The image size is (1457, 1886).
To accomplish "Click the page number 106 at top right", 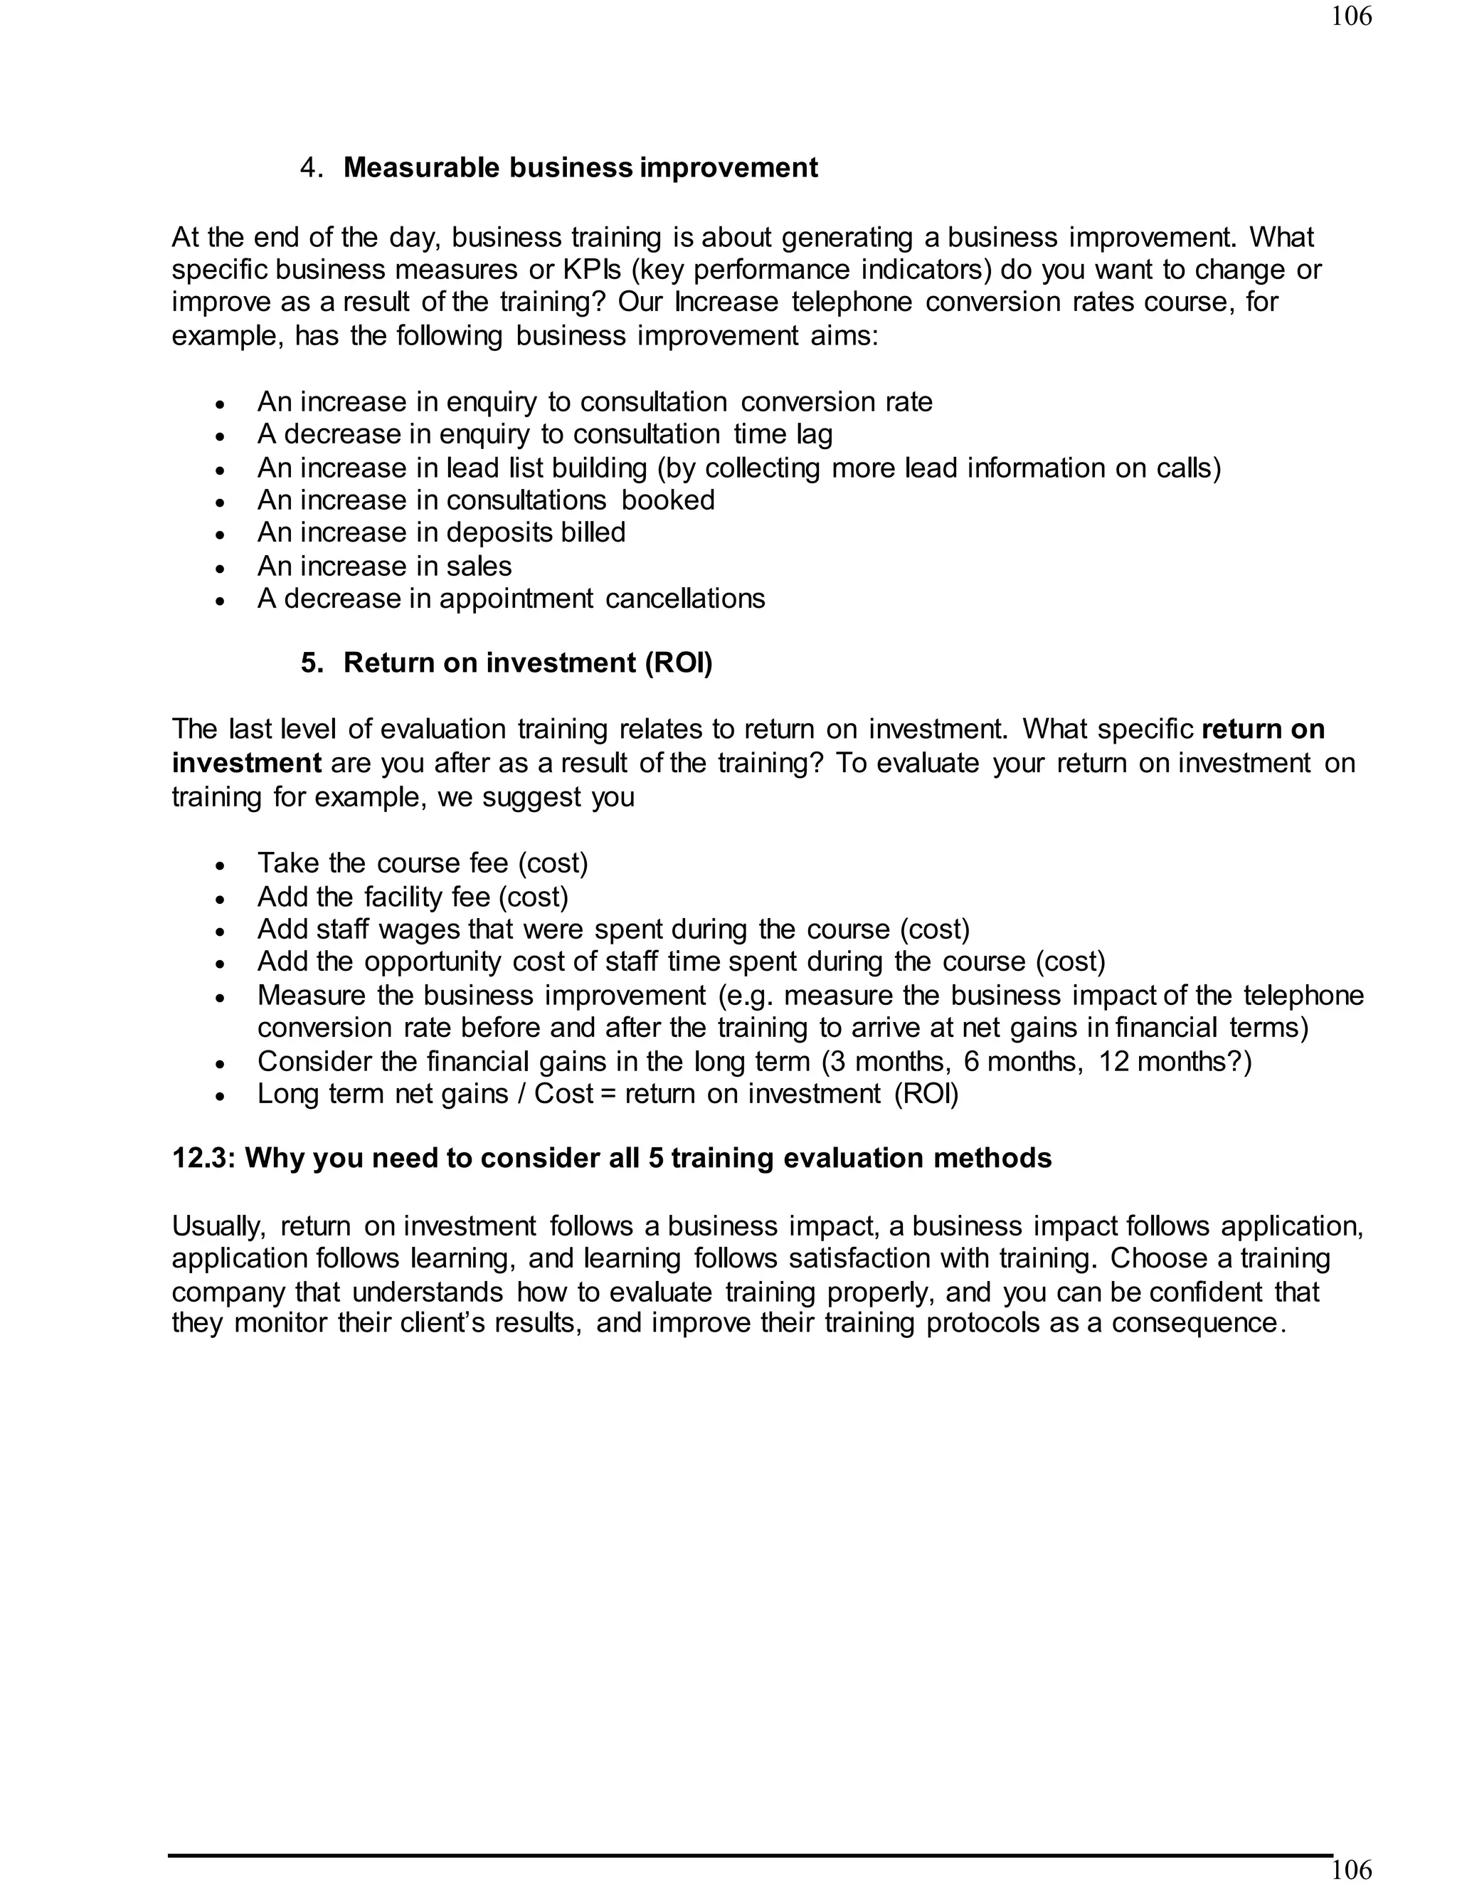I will point(1351,16).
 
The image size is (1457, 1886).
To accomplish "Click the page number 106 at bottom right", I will point(1351,1870).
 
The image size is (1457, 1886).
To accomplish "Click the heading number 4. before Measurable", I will point(311,167).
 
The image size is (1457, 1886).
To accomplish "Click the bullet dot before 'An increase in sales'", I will point(221,568).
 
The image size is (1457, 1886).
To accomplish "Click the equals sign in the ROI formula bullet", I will point(608,1094).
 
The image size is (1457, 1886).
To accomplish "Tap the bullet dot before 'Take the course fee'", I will point(221,865).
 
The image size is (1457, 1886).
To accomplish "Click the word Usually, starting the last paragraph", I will point(219,1226).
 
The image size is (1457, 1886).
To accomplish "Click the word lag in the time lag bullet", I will point(812,434).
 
